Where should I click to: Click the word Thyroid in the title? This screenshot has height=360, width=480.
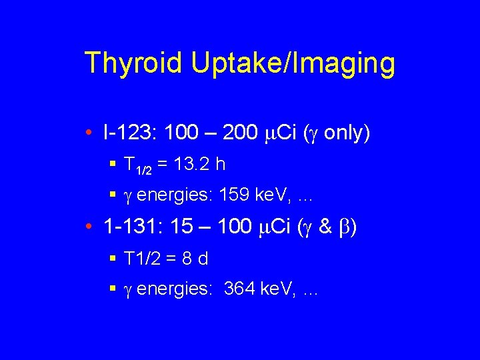[x=133, y=63]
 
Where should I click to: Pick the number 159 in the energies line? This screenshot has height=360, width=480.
[x=214, y=195]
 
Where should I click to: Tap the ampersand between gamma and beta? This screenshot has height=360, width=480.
[x=326, y=227]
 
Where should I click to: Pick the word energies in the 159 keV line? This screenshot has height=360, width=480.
[x=163, y=195]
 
